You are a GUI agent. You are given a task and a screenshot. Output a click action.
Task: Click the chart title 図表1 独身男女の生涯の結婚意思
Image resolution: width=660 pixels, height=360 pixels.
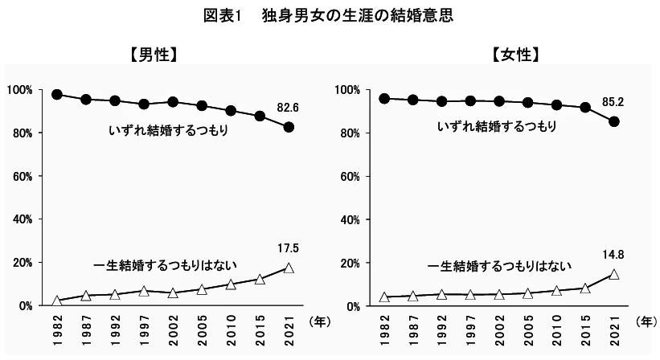[330, 16]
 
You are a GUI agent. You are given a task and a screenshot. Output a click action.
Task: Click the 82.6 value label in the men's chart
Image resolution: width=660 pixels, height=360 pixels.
[289, 107]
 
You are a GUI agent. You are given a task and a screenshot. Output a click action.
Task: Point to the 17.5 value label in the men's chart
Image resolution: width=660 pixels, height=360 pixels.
[289, 248]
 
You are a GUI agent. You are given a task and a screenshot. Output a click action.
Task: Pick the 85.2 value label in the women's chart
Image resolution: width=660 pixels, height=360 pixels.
[613, 102]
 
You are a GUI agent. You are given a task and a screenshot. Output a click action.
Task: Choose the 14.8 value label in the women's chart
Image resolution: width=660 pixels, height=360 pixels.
[613, 256]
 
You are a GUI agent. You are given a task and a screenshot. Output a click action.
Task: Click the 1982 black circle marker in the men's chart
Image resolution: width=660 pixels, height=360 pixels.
[57, 94]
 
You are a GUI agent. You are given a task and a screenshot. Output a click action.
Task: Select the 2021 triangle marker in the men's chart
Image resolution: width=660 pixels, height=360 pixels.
[289, 268]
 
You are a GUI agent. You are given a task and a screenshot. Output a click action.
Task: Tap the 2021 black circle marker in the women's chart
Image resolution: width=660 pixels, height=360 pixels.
[614, 121]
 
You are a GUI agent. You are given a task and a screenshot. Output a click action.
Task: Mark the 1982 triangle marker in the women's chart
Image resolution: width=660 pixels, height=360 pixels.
[383, 297]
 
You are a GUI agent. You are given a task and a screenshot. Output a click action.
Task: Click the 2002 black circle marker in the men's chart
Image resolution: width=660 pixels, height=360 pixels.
[173, 102]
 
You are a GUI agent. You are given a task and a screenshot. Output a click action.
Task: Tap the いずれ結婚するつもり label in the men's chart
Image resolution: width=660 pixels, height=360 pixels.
[166, 129]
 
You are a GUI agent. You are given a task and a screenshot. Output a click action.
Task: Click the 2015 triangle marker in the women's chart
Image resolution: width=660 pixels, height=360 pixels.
[585, 288]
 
